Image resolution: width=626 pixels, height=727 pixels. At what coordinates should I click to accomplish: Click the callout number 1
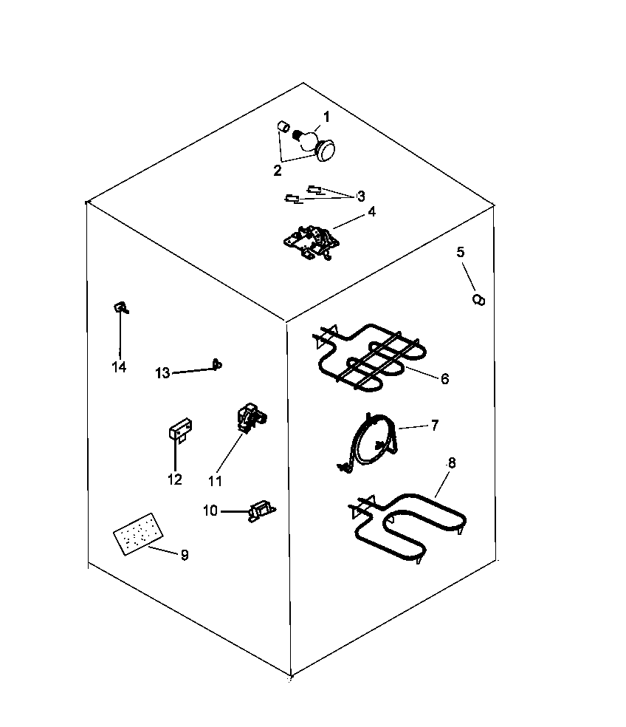point(326,117)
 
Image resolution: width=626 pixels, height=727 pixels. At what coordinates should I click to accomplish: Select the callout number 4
point(371,211)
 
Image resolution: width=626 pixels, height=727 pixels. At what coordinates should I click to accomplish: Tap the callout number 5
point(461,252)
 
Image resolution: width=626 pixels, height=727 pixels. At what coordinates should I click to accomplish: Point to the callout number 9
point(185,555)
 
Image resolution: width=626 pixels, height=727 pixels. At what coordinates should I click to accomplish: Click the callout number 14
point(119,366)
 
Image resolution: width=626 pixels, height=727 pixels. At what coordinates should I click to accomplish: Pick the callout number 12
point(175,479)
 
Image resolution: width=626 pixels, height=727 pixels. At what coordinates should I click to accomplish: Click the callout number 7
point(435,425)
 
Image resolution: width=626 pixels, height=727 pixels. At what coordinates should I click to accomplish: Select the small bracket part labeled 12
point(179,430)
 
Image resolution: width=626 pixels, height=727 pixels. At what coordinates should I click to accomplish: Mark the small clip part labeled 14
point(120,308)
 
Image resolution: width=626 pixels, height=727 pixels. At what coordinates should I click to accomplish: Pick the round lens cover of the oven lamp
point(325,151)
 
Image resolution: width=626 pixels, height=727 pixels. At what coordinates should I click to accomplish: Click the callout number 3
point(360,197)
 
